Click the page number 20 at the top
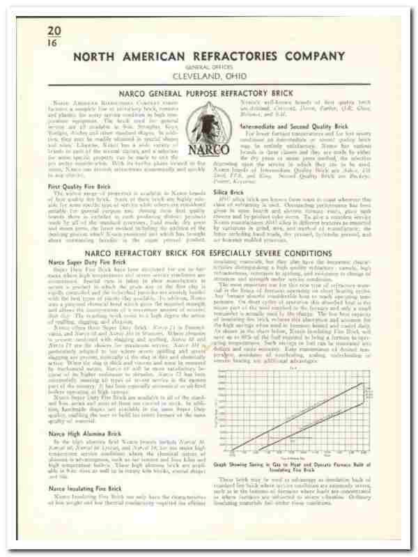[x=54, y=31]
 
